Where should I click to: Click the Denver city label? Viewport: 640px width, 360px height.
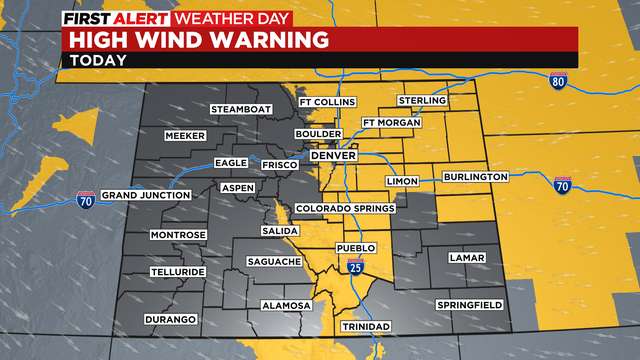333,157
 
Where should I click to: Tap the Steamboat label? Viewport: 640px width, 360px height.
239,109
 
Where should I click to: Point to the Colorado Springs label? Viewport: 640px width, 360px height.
345,208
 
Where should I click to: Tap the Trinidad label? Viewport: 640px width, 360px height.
364,327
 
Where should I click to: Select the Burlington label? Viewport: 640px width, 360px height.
476,177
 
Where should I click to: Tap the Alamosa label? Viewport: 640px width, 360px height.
286,305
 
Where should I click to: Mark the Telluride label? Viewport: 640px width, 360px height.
177,272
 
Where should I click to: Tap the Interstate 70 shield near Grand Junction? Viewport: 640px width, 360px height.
88,200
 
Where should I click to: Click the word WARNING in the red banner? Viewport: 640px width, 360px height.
271,40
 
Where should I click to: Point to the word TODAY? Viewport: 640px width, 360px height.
98,60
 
